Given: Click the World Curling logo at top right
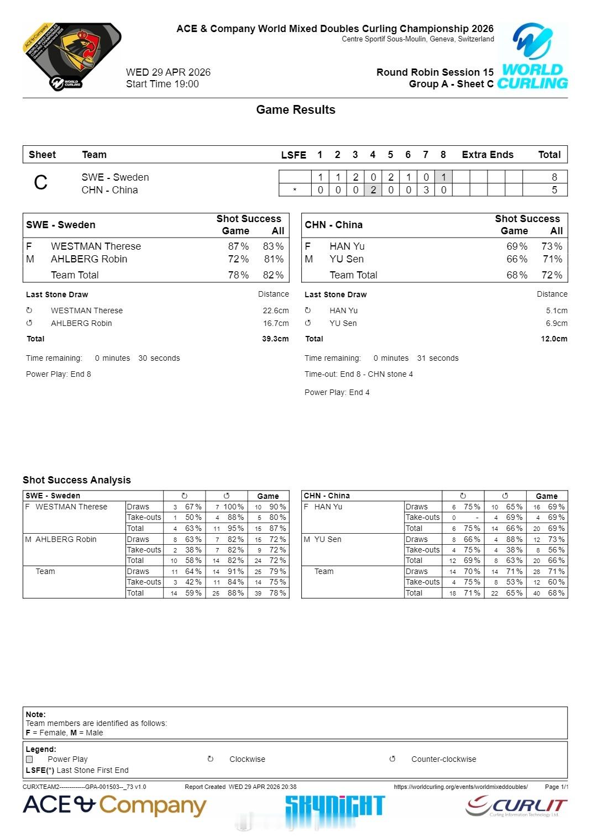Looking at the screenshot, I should click(532, 56).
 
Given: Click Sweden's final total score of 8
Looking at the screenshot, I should click(554, 177).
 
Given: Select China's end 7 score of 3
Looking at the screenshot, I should click(426, 190).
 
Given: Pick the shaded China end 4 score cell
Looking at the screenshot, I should click(373, 190).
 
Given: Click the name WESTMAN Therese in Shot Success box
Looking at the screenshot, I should click(96, 246).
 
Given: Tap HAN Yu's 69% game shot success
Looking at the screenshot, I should click(517, 246).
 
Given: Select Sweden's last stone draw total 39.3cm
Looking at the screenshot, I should click(275, 339).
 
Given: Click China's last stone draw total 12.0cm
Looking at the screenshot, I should click(554, 339).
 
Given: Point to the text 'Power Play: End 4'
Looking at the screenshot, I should click(337, 392).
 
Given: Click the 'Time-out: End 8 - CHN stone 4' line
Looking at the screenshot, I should click(358, 374).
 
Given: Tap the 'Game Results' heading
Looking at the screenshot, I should click(296, 109).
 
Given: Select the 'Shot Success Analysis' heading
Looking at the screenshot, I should click(77, 480).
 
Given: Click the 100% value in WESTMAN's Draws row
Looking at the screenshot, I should click(233, 507).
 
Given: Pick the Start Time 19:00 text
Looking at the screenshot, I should click(163, 84).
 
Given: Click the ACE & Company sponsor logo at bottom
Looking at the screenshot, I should click(114, 806).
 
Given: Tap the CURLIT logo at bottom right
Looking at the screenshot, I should click(516, 806).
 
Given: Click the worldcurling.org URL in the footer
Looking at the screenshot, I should click(460, 787).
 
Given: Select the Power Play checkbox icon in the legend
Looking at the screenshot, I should click(29, 759).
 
